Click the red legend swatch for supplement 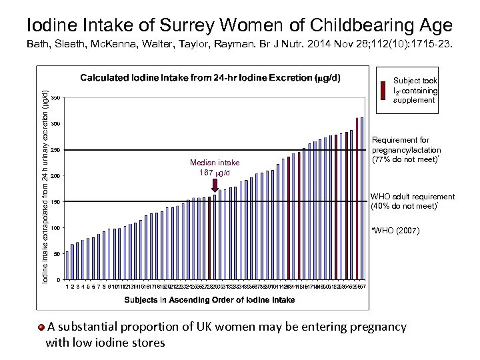pyautogui.click(x=383, y=89)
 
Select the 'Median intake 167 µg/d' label pyautogui.click(x=215, y=168)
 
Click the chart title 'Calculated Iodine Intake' pyautogui.click(x=211, y=77)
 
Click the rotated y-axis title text pyautogui.click(x=45, y=180)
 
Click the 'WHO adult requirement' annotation pyautogui.click(x=413, y=201)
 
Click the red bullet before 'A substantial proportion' pyautogui.click(x=41, y=327)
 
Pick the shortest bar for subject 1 pyautogui.click(x=68, y=263)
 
